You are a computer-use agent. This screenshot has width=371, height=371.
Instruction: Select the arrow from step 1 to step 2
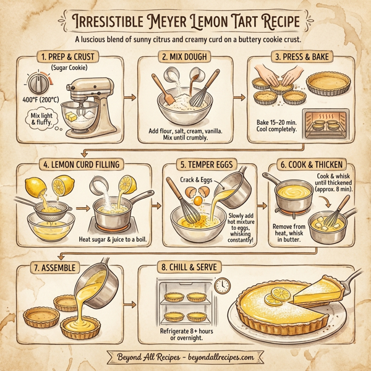(130, 98)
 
